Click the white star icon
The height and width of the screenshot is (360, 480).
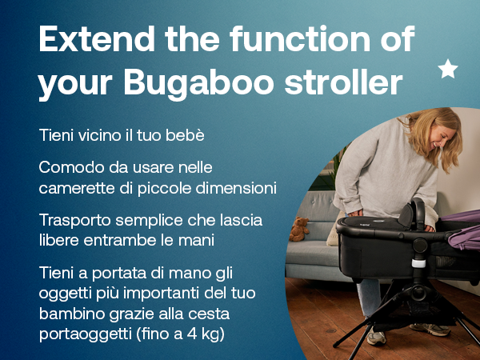[448, 69]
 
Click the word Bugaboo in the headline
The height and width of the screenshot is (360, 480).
[199, 83]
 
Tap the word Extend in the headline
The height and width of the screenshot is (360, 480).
[97, 39]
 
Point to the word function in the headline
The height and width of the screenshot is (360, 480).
[300, 38]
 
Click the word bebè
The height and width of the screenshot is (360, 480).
[185, 135]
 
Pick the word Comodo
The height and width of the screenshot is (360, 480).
[72, 167]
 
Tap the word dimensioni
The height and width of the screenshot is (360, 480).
[236, 188]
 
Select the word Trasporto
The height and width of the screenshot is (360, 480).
[75, 221]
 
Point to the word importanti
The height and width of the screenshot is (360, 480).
[162, 294]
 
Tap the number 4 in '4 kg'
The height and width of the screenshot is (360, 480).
[192, 334]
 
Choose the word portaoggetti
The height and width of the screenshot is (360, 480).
[86, 334]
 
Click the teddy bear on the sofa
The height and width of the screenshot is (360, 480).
[299, 229]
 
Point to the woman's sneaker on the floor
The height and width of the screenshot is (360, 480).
[376, 338]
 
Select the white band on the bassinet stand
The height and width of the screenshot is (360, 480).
[418, 263]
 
